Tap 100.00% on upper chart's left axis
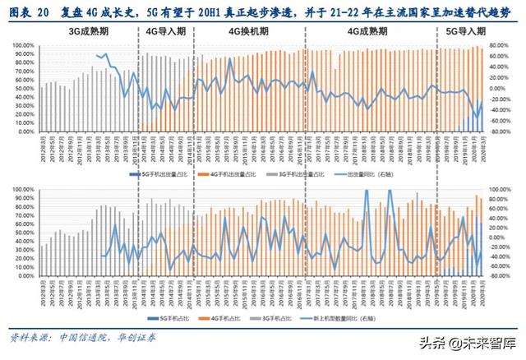click(x=22, y=46)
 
